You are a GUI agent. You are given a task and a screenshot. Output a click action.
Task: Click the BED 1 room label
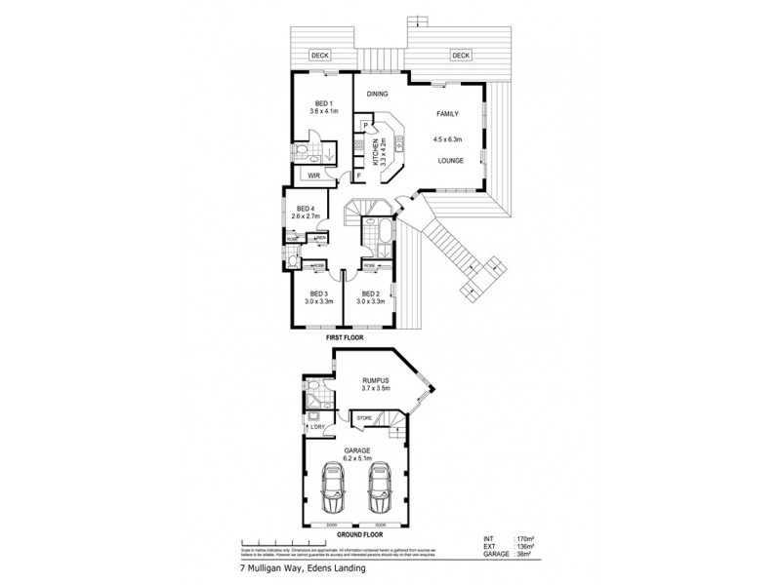324,104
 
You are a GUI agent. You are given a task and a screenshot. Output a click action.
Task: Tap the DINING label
378,94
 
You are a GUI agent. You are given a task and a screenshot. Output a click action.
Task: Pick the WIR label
314,175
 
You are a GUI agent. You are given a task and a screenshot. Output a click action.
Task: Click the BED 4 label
306,209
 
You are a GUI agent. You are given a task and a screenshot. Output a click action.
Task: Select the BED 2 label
371,293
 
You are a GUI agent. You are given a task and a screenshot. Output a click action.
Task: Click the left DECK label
317,56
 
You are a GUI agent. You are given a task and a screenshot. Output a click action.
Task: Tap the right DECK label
461,56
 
